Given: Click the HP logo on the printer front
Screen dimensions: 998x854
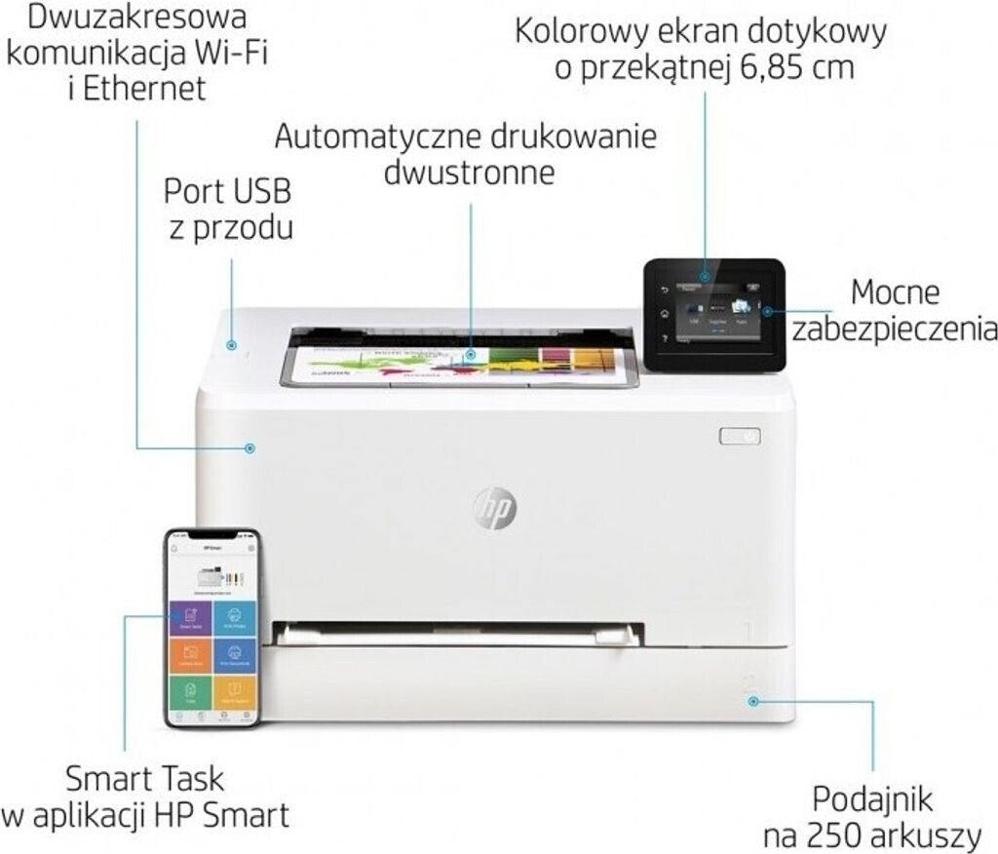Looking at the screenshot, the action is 495,507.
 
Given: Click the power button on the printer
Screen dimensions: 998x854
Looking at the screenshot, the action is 740,436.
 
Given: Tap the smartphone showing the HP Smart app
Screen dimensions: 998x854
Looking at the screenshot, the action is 212,629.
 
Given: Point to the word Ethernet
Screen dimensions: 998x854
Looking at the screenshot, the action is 144,88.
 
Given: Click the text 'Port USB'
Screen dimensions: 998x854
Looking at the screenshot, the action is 227,190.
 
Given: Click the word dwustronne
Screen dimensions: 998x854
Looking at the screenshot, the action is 469,174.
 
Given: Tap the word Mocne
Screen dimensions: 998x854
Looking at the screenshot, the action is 895,291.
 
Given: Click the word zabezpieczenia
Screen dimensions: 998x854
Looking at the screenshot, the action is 894,329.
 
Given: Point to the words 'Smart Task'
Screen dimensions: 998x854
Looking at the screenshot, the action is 144,779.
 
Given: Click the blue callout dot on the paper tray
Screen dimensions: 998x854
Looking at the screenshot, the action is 752,700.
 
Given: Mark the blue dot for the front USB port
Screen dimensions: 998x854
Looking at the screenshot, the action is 231,344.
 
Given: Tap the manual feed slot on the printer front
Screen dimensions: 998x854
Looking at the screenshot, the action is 458,635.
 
